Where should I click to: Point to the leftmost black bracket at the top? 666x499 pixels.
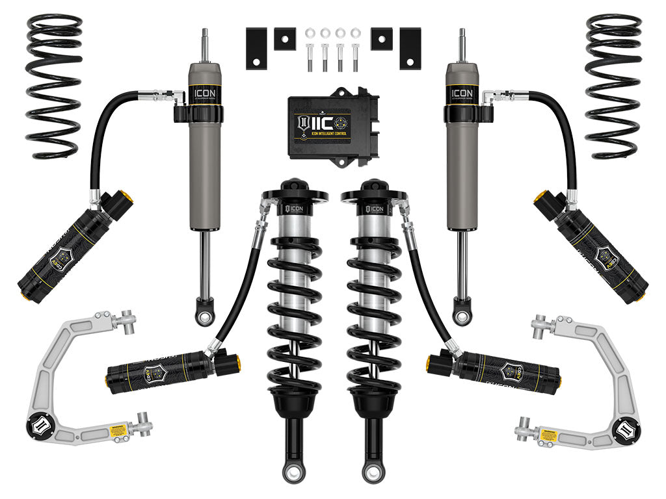(256, 49)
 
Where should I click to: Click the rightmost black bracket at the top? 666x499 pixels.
(410, 49)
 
